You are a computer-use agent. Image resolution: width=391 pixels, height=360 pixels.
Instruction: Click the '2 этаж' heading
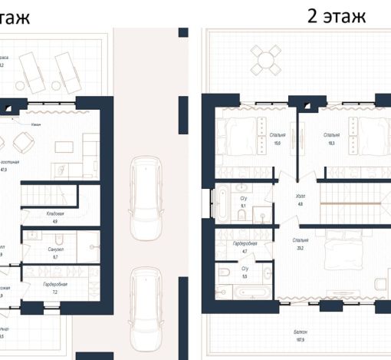[x=337, y=15]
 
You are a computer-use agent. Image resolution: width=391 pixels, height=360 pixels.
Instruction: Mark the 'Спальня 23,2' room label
[x=300, y=244]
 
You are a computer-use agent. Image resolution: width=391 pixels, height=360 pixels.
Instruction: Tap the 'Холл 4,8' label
[x=300, y=200]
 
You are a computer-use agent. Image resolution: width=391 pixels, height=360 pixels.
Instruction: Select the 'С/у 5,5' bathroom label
[x=245, y=272]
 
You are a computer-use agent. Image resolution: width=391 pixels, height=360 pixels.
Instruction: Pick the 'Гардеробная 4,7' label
[x=245, y=246]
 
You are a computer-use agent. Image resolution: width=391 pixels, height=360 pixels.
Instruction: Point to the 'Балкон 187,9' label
[x=299, y=336]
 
